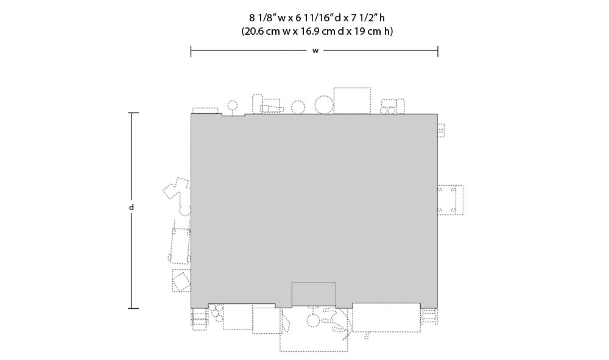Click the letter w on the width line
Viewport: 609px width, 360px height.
coord(315,51)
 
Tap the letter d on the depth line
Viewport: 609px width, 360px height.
coord(132,207)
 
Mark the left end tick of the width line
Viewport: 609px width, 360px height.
coord(191,51)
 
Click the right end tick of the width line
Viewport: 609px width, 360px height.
coord(438,51)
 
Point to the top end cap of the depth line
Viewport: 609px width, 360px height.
coord(133,113)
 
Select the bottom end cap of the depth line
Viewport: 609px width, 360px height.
coord(133,309)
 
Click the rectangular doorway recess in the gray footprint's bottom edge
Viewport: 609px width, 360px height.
coord(314,294)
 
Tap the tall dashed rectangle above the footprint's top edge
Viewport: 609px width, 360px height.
coord(352,101)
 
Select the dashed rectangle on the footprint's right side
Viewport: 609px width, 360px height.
coord(451,200)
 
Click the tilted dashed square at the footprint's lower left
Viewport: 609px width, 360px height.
coord(181,281)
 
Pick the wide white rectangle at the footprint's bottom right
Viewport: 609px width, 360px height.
coord(386,317)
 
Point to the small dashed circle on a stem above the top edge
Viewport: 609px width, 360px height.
coord(232,105)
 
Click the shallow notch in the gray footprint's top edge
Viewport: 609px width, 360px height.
coord(233,115)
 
